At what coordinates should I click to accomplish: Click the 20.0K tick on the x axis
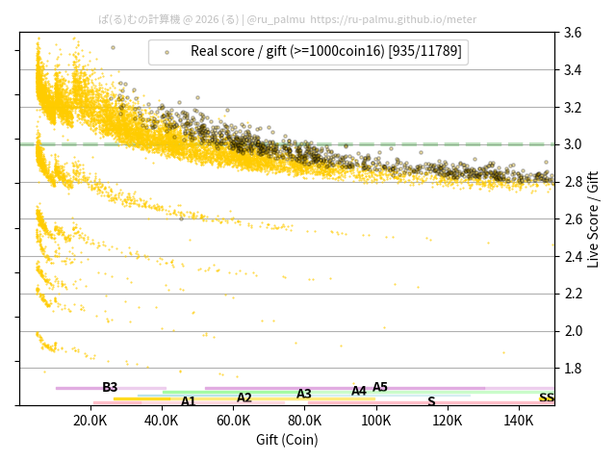[90, 421]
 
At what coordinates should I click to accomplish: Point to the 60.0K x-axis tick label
[234, 421]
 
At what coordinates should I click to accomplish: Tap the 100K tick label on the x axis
[376, 421]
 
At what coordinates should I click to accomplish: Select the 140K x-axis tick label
[519, 421]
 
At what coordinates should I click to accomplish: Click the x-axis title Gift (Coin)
[287, 440]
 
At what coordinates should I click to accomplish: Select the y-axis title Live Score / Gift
[594, 219]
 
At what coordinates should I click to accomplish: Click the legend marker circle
[167, 52]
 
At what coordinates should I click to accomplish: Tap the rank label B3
[110, 387]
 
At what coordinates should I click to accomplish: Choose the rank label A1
[189, 401]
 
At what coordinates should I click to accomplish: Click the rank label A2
[244, 398]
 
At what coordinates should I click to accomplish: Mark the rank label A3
[304, 394]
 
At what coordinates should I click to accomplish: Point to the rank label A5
[380, 387]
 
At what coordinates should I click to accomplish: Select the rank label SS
[547, 398]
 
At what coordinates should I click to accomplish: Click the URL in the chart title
[394, 19]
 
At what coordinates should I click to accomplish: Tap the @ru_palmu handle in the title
[276, 19]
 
